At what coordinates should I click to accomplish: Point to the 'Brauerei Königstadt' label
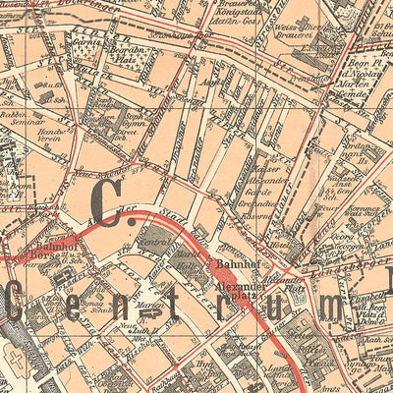(238, 19)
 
